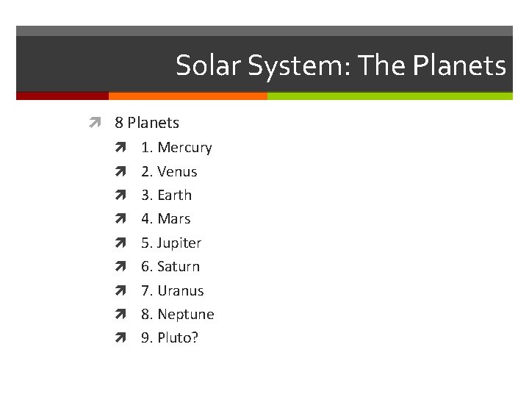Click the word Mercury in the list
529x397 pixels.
click(x=184, y=148)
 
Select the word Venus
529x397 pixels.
click(x=177, y=172)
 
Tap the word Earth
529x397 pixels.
click(x=174, y=196)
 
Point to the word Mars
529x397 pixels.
click(x=173, y=219)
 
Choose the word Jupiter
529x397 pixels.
click(x=179, y=243)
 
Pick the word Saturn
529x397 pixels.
click(x=179, y=267)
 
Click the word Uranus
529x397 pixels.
click(x=181, y=290)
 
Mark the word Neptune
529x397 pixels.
click(x=186, y=315)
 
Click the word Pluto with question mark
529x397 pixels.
click(x=178, y=338)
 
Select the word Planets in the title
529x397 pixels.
click(x=459, y=66)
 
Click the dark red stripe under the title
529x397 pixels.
click(x=62, y=96)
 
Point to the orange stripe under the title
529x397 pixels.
click(x=187, y=96)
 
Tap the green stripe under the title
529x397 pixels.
click(x=389, y=96)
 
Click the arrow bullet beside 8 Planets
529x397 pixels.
click(x=93, y=123)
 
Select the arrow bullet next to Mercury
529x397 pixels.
click(x=120, y=148)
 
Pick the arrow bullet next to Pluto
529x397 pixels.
click(x=120, y=338)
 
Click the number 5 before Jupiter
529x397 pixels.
click(x=145, y=243)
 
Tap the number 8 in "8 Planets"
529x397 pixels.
click(x=119, y=123)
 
